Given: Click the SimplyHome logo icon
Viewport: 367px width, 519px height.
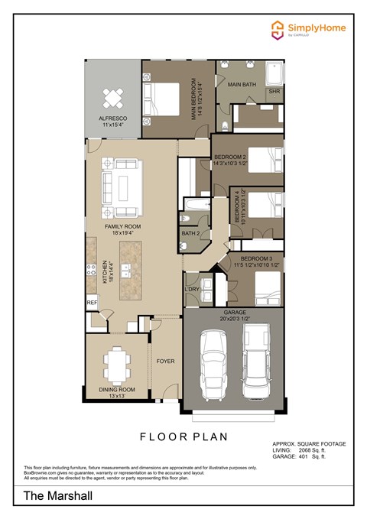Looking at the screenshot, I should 278,30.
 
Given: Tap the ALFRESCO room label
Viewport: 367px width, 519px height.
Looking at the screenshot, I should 112,118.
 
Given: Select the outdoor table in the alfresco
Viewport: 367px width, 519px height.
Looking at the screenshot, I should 113,97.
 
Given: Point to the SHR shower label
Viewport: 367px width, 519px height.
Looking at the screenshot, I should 274,92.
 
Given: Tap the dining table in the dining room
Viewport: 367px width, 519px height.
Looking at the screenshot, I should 117,365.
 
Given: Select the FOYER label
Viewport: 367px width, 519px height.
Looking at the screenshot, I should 165,361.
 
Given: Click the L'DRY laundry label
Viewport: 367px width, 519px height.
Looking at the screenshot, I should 191,289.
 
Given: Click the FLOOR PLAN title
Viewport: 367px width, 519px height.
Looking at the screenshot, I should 183,436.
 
